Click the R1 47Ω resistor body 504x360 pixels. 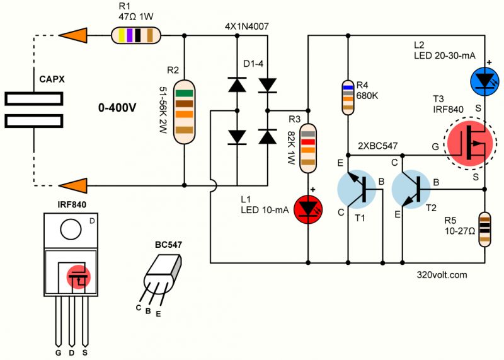tap(134, 35)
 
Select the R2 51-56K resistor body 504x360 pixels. tap(183, 113)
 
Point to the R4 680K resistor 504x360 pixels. tap(347, 96)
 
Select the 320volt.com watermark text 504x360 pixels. tap(442, 275)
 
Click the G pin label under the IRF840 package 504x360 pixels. tap(57, 351)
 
